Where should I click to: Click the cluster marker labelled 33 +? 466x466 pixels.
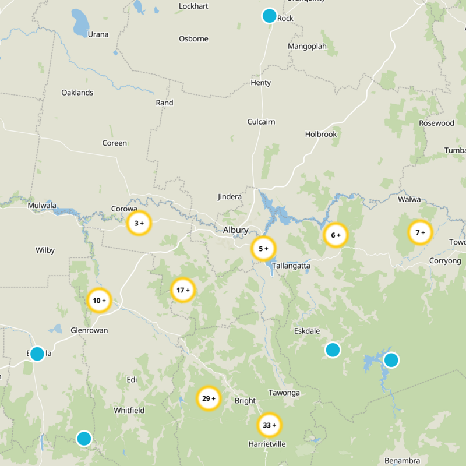coord(269,425)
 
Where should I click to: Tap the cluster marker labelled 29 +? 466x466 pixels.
coord(208,399)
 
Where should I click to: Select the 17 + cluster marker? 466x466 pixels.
coord(183,290)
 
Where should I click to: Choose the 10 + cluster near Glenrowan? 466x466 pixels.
coord(99,301)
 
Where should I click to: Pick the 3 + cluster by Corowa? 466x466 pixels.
coord(139,223)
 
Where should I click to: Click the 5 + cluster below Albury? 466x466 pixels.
coord(263,249)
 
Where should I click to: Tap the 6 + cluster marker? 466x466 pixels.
coord(336,235)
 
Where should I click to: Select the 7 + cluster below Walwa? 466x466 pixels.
coord(420,233)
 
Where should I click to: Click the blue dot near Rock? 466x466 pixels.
coord(269,16)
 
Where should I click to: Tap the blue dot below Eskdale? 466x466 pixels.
coord(333,349)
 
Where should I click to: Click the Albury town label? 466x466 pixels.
coord(235,230)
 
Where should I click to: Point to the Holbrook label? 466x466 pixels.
coord(321,134)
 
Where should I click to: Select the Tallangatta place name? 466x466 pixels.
coord(291,266)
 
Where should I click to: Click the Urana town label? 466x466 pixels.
coord(98,34)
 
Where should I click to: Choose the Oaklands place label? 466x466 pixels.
coord(77,93)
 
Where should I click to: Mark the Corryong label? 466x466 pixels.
coord(444,261)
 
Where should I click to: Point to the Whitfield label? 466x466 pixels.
coord(129,410)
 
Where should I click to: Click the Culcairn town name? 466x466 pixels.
coord(261,122)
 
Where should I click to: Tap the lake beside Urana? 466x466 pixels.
coord(80,22)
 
